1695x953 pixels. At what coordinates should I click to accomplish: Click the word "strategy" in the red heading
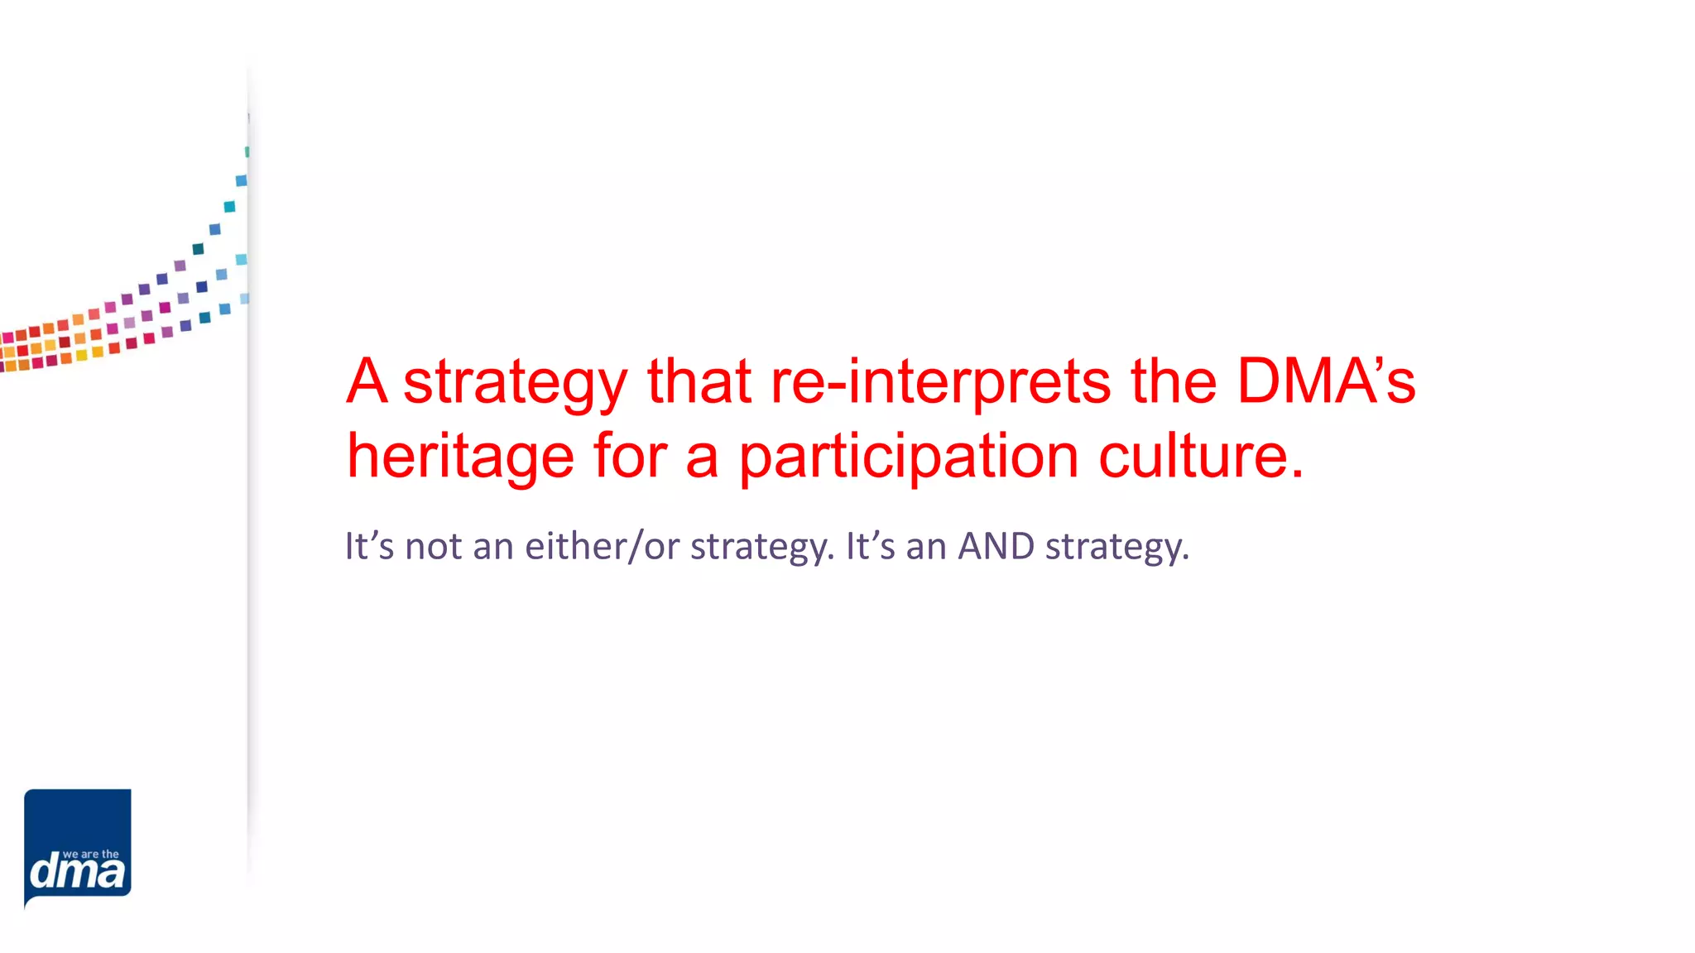[x=515, y=383]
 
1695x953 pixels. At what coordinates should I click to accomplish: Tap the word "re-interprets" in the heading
[x=941, y=383]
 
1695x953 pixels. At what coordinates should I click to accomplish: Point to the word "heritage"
[x=460, y=457]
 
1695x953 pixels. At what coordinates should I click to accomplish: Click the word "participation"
[x=909, y=457]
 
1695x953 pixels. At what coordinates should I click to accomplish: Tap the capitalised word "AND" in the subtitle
[x=996, y=546]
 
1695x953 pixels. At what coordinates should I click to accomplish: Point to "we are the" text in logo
[x=91, y=854]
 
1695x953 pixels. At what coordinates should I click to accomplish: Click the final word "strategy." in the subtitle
[x=1117, y=547]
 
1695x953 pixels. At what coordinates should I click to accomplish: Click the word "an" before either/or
[x=493, y=547]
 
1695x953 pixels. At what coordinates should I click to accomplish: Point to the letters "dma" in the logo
[x=78, y=873]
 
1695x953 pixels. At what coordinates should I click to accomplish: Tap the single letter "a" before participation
[x=702, y=457]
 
